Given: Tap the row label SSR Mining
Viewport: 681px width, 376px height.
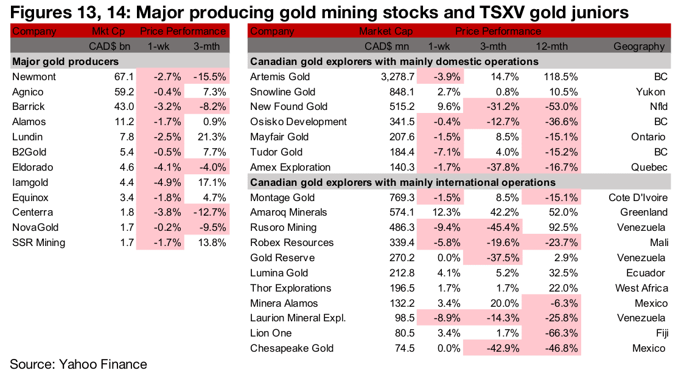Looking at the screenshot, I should pos(38,242).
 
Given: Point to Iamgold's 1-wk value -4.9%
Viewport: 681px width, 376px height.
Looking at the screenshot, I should pos(166,182).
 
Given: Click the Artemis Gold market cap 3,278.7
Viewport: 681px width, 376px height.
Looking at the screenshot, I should pos(396,77).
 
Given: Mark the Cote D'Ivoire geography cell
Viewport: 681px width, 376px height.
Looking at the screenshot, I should pos(638,197).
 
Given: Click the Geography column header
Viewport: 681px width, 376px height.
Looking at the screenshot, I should pos(638,46).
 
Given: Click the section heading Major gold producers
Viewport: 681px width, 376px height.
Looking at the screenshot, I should pos(65,61).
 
